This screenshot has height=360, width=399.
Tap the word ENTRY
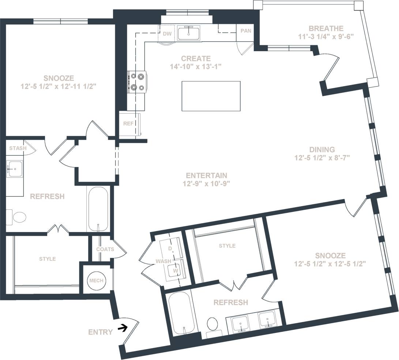[x=100, y=332]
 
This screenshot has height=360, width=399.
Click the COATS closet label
[x=105, y=249]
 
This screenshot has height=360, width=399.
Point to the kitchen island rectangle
[x=211, y=96]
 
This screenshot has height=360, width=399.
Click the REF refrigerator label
[x=128, y=124]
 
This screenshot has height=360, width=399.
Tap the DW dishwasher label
[x=167, y=34]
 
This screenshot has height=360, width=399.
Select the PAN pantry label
[x=246, y=31]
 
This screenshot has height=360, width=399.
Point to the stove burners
[x=137, y=82]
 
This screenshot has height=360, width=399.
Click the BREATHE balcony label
[x=326, y=29]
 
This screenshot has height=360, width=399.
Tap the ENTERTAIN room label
[x=206, y=175]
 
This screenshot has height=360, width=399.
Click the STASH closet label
[x=18, y=148]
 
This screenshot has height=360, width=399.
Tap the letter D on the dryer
[x=170, y=248]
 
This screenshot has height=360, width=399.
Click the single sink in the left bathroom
[x=15, y=169]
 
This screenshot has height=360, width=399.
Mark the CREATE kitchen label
[x=196, y=58]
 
